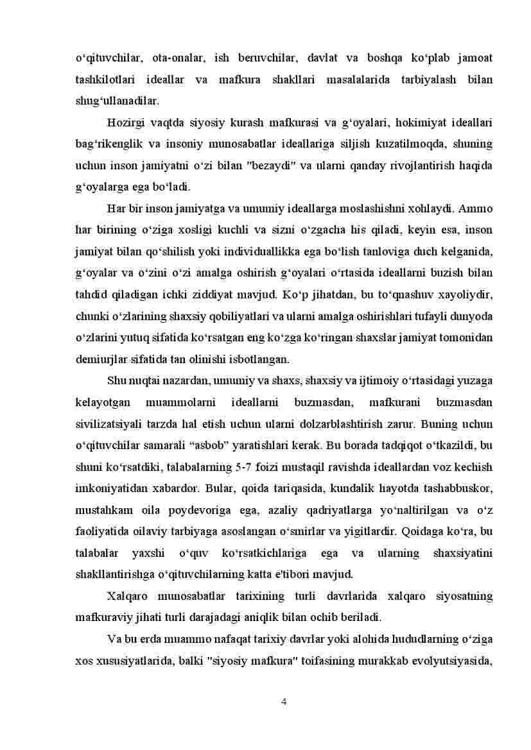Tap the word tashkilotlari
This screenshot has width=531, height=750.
pyautogui.click(x=105, y=80)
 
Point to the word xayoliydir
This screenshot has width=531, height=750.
pyautogui.click(x=468, y=294)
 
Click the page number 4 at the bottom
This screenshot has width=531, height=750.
pyautogui.click(x=284, y=701)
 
